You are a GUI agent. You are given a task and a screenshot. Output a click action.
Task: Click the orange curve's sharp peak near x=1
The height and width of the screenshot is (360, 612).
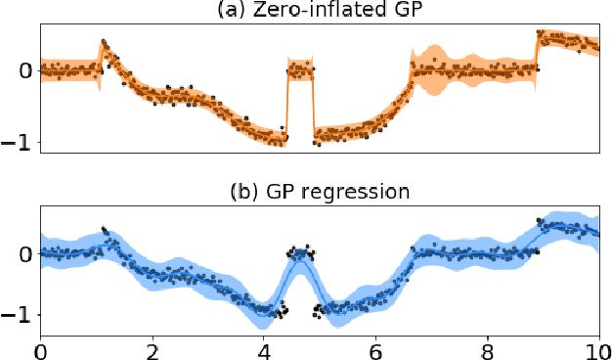point(104,44)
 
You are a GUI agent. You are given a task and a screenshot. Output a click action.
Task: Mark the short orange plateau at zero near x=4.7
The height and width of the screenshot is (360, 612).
point(300,69)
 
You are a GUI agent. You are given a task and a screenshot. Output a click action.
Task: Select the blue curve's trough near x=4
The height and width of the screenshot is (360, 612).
point(265,310)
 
